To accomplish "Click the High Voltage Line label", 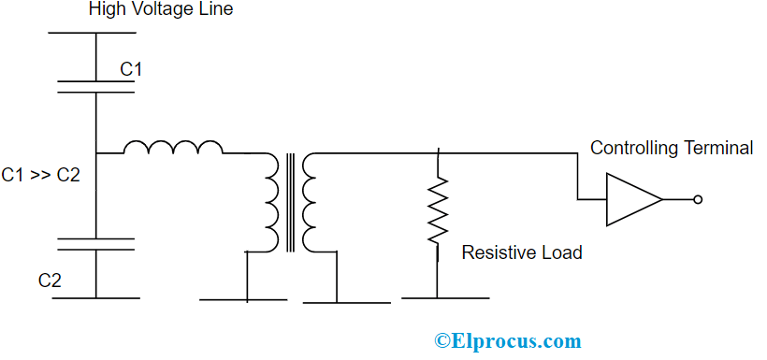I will (161, 10).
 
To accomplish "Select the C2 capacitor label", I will (51, 280).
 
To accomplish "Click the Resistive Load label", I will (522, 252).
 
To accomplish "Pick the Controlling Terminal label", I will (671, 148).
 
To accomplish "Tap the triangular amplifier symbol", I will (631, 199).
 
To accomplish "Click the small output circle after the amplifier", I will (697, 199).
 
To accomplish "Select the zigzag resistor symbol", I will (437, 211).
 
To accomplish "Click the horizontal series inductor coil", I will (173, 148).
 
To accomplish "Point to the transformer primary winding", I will (271, 201).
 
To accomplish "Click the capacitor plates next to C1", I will (95, 87).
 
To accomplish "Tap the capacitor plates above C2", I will (95, 244).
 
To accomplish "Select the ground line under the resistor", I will (445, 298).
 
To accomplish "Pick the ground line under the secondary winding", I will (347, 302).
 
